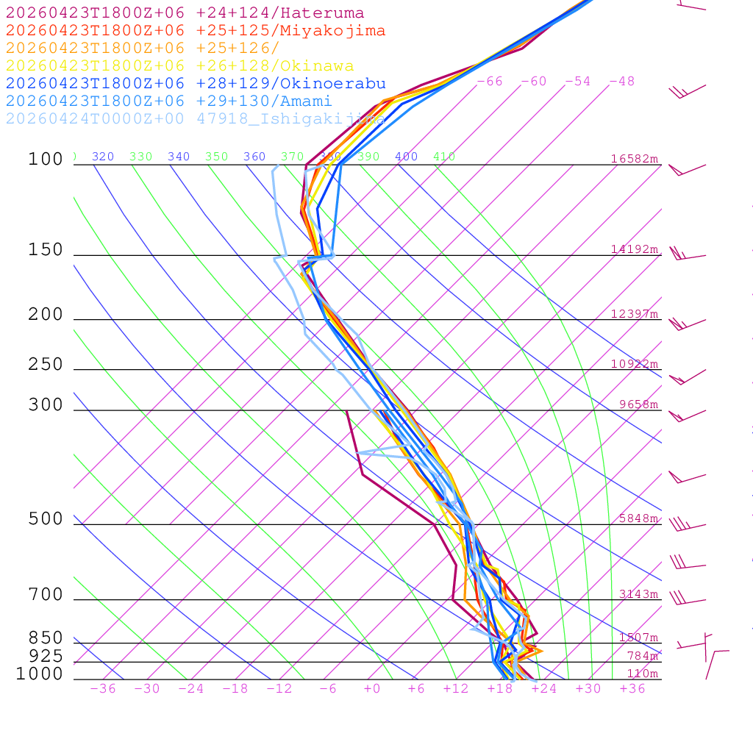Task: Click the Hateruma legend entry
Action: [x=185, y=13]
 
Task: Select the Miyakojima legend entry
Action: [x=196, y=31]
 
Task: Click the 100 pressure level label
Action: [x=46, y=160]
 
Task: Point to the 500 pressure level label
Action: [x=46, y=519]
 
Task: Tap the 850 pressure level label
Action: [x=46, y=638]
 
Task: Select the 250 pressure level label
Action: [x=46, y=365]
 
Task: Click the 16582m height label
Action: [x=634, y=159]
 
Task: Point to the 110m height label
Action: [x=642, y=674]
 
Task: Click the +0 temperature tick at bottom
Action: [x=372, y=688]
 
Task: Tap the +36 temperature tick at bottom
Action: [x=632, y=688]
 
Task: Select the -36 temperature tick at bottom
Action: [x=102, y=688]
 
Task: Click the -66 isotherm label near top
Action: [x=489, y=82]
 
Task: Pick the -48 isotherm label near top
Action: [x=621, y=82]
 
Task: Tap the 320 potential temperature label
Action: [x=103, y=157]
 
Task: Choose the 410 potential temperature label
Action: [x=444, y=157]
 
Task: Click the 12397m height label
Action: [x=634, y=314]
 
